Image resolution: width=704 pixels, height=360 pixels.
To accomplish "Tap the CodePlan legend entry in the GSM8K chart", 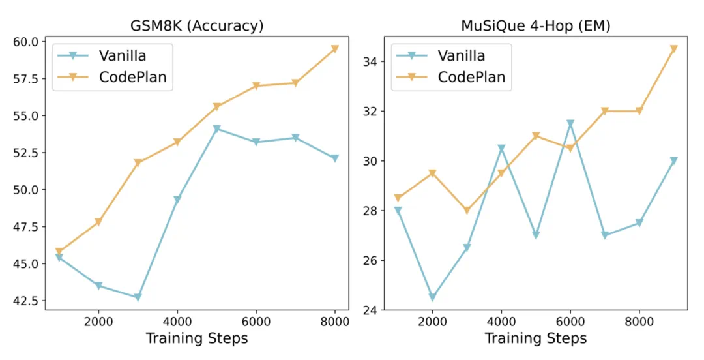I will pyautogui.click(x=132, y=77).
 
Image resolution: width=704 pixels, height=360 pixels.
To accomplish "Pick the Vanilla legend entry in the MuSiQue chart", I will pyautogui.click(x=461, y=55).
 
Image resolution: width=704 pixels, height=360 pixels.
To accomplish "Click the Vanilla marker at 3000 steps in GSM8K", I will pyautogui.click(x=138, y=297).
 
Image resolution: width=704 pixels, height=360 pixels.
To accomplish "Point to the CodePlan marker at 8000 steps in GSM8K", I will pyautogui.click(x=335, y=48).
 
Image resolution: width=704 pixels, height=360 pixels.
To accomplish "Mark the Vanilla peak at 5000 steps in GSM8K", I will pyautogui.click(x=216, y=129).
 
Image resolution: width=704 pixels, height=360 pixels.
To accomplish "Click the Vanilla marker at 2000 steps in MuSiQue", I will pyautogui.click(x=432, y=297).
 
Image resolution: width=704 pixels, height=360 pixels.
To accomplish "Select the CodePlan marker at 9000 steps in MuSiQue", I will pyautogui.click(x=674, y=48).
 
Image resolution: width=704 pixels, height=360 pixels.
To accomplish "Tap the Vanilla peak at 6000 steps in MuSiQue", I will pyautogui.click(x=570, y=123).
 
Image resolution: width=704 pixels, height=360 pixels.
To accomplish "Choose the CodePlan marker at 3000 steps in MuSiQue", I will pyautogui.click(x=466, y=211).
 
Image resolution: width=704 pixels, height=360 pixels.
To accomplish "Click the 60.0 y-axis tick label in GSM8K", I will pyautogui.click(x=25, y=42).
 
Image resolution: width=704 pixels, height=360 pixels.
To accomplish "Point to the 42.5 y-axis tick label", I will pyautogui.click(x=25, y=301).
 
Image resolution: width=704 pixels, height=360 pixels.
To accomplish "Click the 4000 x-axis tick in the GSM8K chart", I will pyautogui.click(x=177, y=322).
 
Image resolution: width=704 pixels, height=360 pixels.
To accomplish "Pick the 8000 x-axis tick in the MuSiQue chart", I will pyautogui.click(x=639, y=322).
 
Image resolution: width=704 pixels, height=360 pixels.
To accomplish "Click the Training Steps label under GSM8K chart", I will pyautogui.click(x=197, y=338).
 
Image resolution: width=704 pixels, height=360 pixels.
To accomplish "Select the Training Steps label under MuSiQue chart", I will pyautogui.click(x=535, y=338).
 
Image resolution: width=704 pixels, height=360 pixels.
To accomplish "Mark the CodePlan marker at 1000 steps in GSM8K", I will pyautogui.click(x=59, y=251).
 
